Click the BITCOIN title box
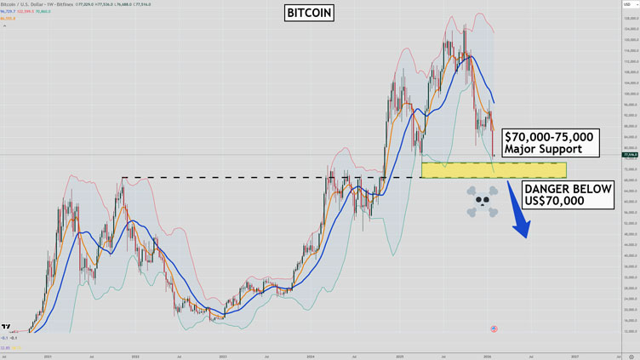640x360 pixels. pos(309,14)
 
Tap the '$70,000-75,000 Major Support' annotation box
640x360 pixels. pos(548,143)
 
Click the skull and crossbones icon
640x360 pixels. pos(482,201)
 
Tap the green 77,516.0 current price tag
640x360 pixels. pos(630,155)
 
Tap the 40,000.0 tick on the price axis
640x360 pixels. pos(630,255)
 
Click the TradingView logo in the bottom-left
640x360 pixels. pos(7,327)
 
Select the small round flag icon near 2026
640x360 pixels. pos(494,329)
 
